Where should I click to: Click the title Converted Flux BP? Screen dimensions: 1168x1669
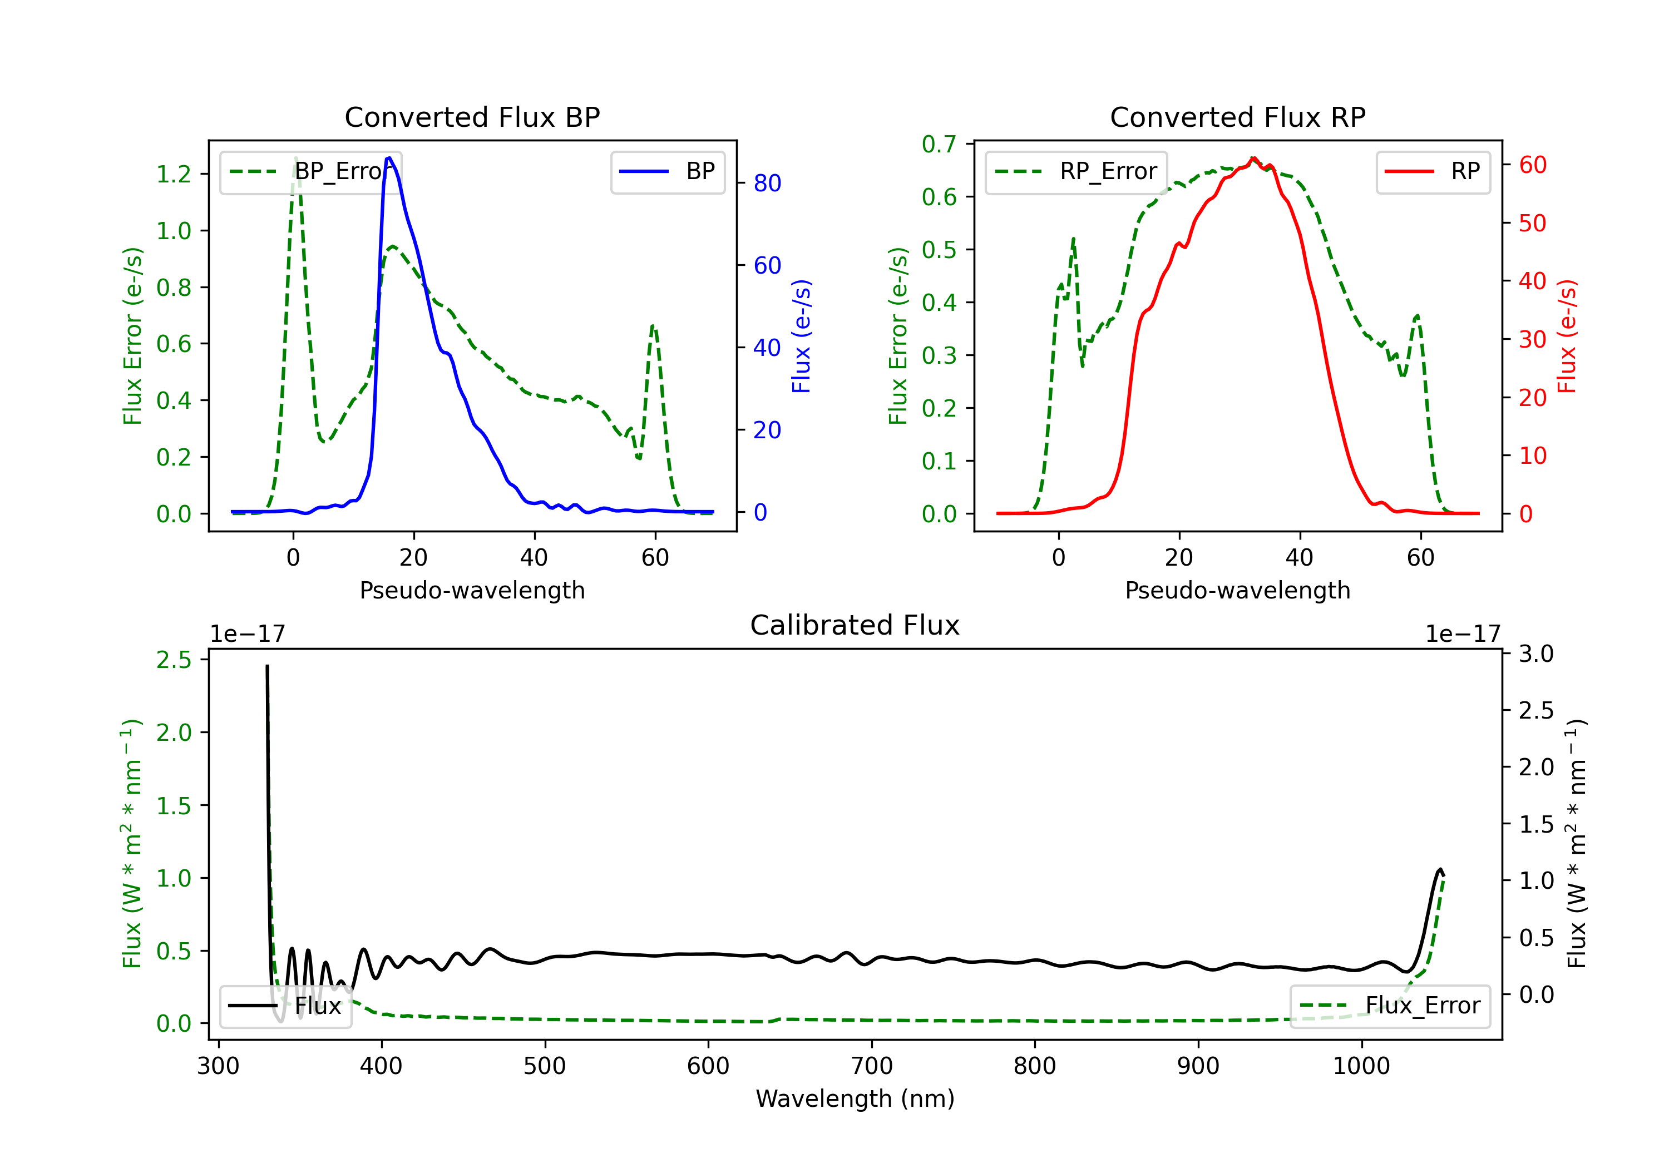(x=472, y=117)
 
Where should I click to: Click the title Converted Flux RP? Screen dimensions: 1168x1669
(x=1237, y=117)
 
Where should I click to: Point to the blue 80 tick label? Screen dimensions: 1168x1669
(x=767, y=183)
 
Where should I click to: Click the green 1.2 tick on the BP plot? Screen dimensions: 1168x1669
(x=174, y=175)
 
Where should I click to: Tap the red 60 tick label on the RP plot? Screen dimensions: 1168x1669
(x=1532, y=165)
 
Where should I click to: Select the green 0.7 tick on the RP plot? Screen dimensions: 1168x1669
(x=939, y=145)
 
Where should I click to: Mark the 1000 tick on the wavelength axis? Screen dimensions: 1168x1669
(x=1361, y=1066)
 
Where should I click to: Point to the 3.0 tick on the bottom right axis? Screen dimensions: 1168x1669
(x=1536, y=654)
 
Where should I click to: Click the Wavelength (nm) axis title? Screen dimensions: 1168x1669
(x=855, y=1098)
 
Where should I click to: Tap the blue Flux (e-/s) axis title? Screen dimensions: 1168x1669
(x=801, y=336)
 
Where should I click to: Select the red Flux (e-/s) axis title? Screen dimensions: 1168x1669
(x=1567, y=336)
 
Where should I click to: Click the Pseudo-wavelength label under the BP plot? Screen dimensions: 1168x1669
(x=472, y=590)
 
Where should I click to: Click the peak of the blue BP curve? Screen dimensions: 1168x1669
(x=389, y=158)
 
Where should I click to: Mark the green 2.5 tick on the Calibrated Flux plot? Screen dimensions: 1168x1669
(x=174, y=660)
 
